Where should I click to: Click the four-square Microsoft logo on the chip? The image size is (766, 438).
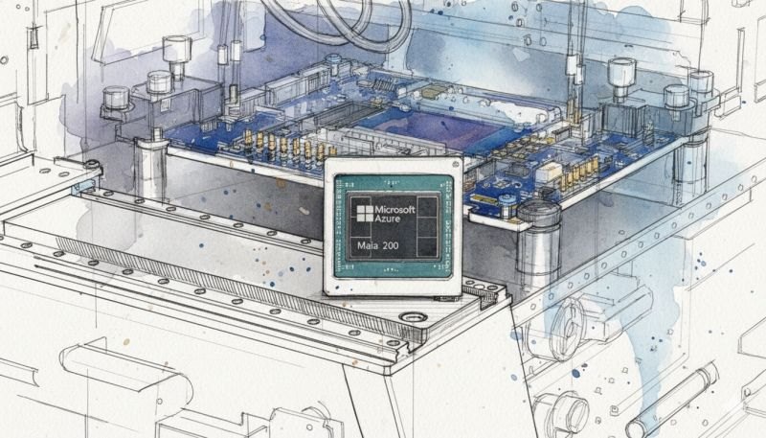tap(365, 214)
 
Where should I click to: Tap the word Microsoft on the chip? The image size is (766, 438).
tap(395, 210)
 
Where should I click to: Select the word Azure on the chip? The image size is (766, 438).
tap(388, 219)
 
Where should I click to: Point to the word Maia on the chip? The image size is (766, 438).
tap(368, 246)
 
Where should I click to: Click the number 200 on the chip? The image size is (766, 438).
tap(391, 246)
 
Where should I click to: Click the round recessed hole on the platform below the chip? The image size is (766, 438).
tap(414, 317)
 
